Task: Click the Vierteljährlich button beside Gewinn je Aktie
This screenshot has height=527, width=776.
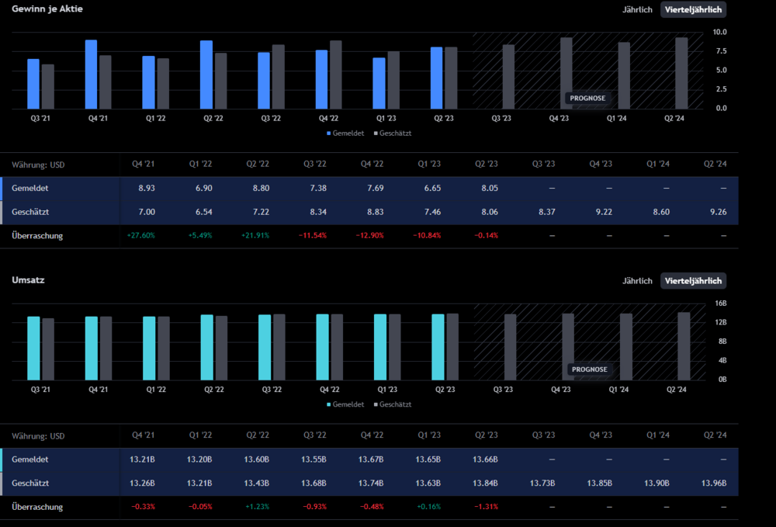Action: point(693,9)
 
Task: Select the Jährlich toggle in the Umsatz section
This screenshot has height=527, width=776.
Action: point(637,281)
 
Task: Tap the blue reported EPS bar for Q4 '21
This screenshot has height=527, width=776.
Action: point(91,74)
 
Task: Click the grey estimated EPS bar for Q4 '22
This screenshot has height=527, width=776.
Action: point(336,75)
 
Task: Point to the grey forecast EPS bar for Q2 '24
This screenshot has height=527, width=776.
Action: point(681,73)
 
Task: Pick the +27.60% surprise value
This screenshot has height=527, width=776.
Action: point(140,235)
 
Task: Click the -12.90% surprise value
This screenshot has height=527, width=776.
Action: point(370,235)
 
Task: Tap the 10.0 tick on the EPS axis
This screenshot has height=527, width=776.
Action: point(719,32)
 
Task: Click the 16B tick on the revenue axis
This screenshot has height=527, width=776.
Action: point(721,303)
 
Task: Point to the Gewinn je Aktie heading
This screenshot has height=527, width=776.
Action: point(47,9)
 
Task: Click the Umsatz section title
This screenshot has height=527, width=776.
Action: point(28,279)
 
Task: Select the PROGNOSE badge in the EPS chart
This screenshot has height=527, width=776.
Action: point(587,99)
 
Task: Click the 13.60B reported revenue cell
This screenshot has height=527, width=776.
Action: point(258,459)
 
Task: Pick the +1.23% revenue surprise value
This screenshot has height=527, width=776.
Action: point(258,507)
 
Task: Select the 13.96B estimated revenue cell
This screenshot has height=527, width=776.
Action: point(714,484)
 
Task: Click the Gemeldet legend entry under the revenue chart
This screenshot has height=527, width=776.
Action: point(345,404)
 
